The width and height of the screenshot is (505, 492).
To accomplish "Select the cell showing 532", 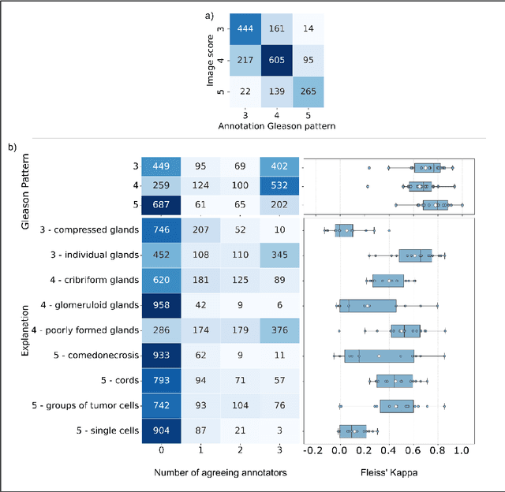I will [279, 186].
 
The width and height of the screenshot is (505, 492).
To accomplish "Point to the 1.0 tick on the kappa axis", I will [462, 450].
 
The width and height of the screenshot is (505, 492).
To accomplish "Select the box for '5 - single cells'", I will [353, 430].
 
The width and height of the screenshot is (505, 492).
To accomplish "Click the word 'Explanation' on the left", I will [24, 330].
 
